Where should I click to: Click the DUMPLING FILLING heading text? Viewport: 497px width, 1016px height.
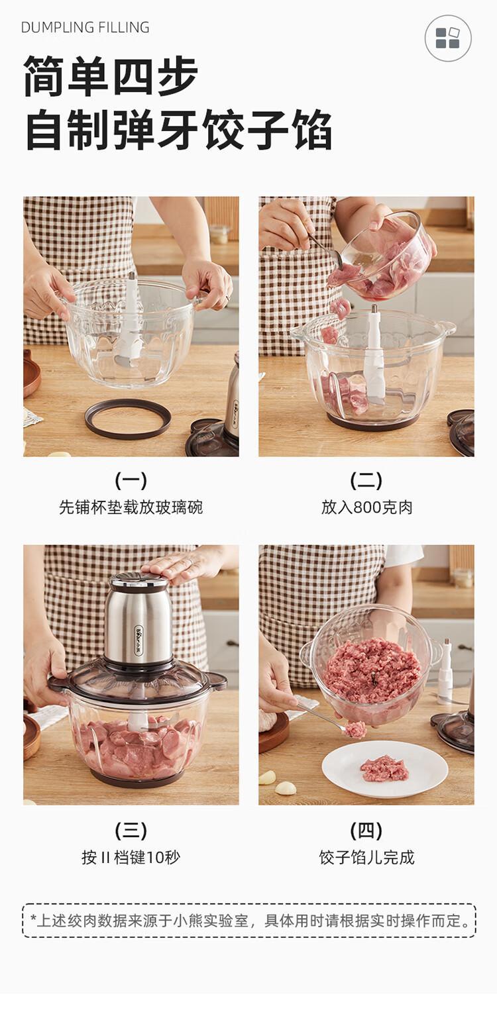point(85,27)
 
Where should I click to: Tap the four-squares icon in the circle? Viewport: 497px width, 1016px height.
point(447,38)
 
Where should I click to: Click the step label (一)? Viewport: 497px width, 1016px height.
point(131,481)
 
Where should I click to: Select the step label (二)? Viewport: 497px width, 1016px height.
point(366,481)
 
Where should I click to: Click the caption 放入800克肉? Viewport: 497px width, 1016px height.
point(366,507)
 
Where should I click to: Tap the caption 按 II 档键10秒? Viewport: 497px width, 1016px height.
point(131,857)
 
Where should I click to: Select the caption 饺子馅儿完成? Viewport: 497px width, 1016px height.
point(366,857)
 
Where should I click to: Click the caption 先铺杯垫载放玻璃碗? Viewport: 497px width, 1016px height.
point(131,507)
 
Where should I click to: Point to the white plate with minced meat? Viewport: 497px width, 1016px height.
point(385,768)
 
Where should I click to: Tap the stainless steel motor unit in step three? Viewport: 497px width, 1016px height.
point(138,619)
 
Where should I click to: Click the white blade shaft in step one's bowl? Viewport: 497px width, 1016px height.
point(129,317)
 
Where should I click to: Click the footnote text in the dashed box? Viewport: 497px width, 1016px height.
point(249,921)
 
